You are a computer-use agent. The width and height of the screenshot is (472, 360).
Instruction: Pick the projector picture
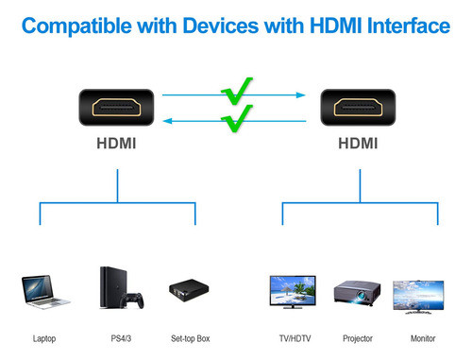click(x=358, y=293)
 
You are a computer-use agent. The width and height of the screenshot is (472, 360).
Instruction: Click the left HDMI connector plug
click(x=116, y=107)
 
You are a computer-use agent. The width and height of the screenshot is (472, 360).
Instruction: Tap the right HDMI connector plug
click(x=359, y=107)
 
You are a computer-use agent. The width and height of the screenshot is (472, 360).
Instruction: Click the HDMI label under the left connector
click(x=116, y=145)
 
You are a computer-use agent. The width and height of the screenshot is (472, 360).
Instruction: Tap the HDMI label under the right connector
click(x=359, y=145)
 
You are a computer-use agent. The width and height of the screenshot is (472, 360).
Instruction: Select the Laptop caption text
click(x=45, y=338)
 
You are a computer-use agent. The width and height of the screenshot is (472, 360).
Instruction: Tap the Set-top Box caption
click(x=190, y=338)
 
